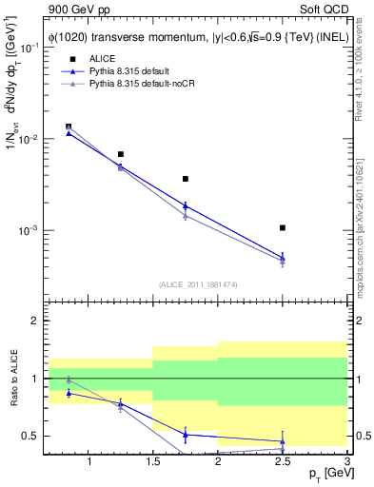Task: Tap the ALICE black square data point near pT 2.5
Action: [x=283, y=228]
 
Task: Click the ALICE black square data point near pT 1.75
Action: [x=186, y=179]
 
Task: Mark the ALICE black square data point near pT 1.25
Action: [x=121, y=154]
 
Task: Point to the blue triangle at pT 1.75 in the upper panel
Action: [x=186, y=205]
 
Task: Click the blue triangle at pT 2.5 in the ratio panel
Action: [x=283, y=441]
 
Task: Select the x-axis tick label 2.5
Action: [x=283, y=462]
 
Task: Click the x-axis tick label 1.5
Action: [x=153, y=462]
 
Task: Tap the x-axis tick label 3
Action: [x=346, y=462]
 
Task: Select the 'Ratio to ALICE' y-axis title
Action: [x=10, y=380]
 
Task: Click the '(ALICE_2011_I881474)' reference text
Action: [x=197, y=284]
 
